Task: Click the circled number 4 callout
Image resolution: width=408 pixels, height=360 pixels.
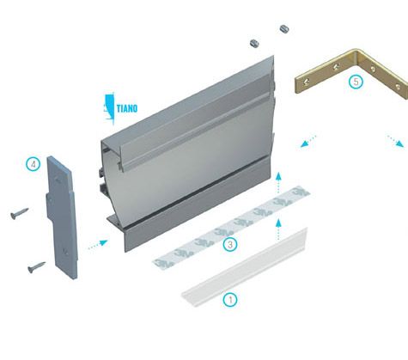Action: pos(33,165)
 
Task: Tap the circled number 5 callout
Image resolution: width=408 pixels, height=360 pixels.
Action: pos(356,82)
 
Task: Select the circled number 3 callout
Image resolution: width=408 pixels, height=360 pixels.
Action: pos(230,245)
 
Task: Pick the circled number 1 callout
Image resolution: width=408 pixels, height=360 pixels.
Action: pos(230,300)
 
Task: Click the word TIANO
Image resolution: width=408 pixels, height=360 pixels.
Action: pos(127,108)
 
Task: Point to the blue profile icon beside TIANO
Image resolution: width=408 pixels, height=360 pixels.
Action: pos(109,108)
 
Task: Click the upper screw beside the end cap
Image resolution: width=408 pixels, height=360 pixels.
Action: pos(19,213)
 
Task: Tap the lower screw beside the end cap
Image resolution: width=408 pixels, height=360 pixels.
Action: pos(36,267)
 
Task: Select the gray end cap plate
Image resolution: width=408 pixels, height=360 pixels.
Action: pos(62,217)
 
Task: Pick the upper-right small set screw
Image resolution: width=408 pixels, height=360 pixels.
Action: pos(284,28)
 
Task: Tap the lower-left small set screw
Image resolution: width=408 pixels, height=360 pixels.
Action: pos(254,44)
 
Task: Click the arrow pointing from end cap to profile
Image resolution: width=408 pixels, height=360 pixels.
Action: pos(98,245)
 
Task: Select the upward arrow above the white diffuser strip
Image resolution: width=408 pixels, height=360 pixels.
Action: pos(278,229)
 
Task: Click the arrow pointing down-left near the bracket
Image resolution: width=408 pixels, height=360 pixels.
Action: pos(308,141)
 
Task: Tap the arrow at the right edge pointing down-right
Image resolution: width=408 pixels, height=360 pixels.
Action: pos(396,141)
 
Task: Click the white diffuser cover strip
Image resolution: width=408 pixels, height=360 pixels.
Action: pos(245,267)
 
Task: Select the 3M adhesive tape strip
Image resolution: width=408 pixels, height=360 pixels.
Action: pos(231,227)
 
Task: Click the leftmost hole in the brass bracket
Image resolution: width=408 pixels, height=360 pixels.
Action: pos(307,82)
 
